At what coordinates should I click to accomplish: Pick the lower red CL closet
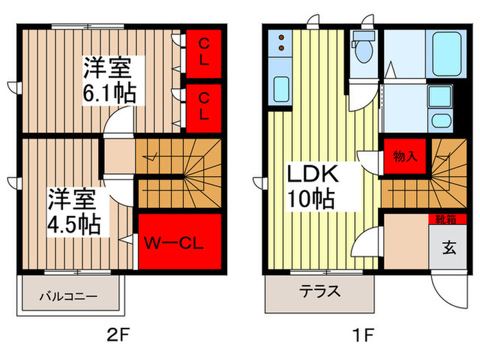pyautogui.click(x=204, y=108)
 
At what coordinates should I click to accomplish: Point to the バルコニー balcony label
pyautogui.click(x=67, y=297)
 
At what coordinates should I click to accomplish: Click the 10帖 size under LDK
pyautogui.click(x=311, y=200)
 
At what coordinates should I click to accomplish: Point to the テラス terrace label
pyautogui.click(x=320, y=290)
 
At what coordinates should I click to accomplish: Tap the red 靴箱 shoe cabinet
pyautogui.click(x=444, y=219)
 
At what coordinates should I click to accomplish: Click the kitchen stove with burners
pyautogui.click(x=282, y=43)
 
